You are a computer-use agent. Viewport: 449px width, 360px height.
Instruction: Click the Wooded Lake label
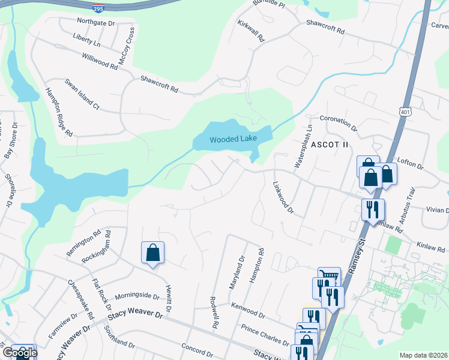click(x=233, y=139)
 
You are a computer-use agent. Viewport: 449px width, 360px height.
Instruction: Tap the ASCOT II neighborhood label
click(x=330, y=145)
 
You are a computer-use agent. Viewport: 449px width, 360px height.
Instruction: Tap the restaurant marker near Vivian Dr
click(x=373, y=211)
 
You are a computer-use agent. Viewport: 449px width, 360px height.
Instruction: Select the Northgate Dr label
click(x=95, y=22)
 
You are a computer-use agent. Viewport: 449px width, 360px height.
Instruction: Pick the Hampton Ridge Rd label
click(x=59, y=112)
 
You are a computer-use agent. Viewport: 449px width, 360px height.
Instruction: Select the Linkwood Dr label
click(x=283, y=198)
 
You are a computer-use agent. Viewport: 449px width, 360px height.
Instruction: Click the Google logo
click(x=19, y=353)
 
